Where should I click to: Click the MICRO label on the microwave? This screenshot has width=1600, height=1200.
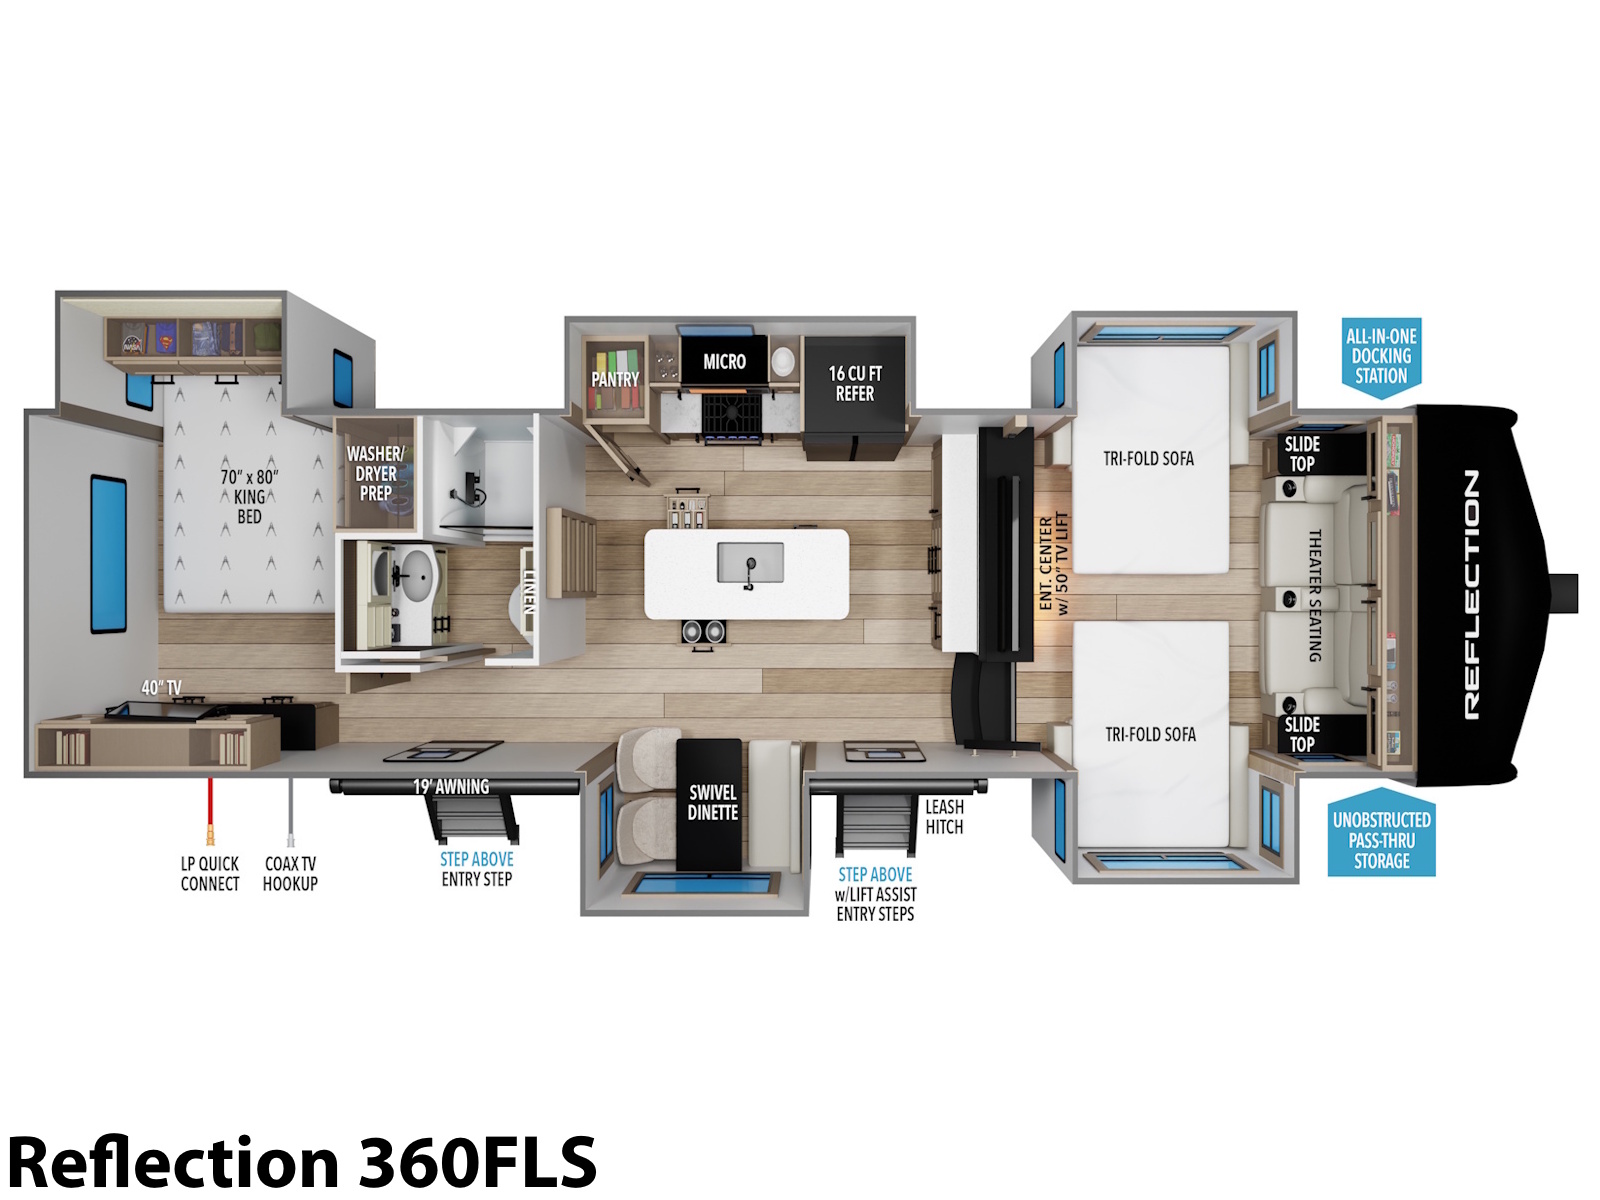tap(724, 361)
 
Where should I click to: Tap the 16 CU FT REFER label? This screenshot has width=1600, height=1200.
tap(855, 384)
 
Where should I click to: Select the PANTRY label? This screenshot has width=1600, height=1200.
tap(614, 379)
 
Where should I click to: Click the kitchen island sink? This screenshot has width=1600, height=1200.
tap(750, 563)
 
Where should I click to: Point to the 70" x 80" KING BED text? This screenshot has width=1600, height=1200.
tap(249, 497)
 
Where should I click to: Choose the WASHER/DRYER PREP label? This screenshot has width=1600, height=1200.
tap(375, 474)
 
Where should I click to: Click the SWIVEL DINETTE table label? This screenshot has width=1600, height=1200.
tap(713, 802)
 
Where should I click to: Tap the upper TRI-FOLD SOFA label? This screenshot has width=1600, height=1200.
tap(1148, 458)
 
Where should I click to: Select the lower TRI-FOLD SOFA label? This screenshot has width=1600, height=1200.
tap(1150, 734)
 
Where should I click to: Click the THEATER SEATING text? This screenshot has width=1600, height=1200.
tap(1315, 595)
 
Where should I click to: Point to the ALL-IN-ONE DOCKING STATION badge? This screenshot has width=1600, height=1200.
tap(1381, 357)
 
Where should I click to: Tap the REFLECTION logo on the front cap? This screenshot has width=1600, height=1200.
tap(1472, 595)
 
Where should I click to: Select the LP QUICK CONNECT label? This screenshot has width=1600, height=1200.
tap(210, 874)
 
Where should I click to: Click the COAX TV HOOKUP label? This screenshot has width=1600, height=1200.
tap(290, 874)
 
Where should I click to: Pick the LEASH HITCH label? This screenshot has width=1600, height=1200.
tap(945, 817)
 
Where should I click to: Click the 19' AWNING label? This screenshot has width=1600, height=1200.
tap(451, 787)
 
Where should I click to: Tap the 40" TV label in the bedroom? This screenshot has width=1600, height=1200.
tap(161, 688)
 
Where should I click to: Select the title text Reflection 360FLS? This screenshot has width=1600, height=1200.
tap(302, 1163)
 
